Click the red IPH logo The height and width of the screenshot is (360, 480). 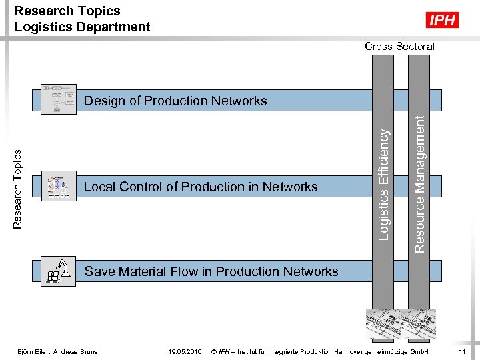443,20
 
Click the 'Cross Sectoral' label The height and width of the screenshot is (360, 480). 399,46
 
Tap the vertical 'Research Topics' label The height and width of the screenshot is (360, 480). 19,189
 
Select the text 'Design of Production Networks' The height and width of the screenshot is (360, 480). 175,101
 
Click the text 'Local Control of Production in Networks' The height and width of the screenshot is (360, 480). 201,187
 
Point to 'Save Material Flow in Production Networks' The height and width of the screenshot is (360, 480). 211,271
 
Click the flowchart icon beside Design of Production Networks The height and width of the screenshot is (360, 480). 57,100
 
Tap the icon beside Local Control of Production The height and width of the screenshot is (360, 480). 58,187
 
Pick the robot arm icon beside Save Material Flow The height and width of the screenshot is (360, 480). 59,271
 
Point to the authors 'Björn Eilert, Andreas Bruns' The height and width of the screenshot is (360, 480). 57,351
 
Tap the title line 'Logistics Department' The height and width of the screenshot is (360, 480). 82,27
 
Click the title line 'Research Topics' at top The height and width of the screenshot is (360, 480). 67,11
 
